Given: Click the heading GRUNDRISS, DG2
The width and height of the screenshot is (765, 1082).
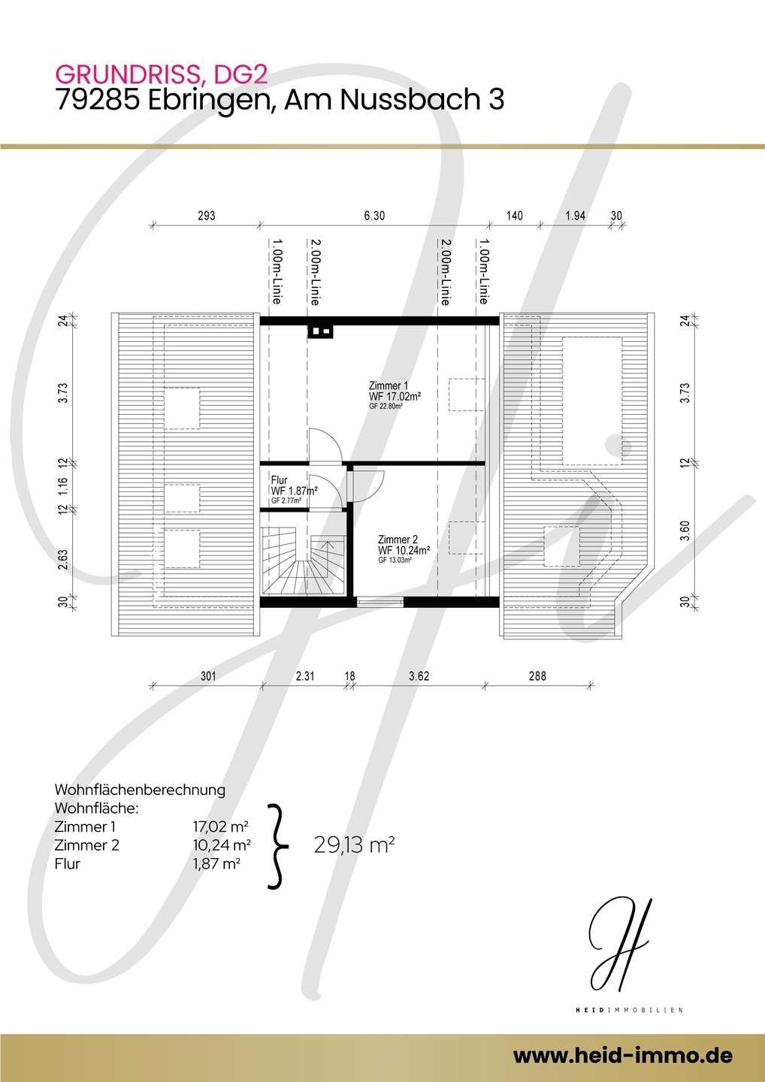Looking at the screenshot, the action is click(x=162, y=74).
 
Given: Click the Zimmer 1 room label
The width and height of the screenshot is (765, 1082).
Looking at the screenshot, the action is click(x=389, y=385).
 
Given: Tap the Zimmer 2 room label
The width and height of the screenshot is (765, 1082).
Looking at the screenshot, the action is click(x=398, y=539).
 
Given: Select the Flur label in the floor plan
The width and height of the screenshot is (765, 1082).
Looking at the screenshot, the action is click(x=279, y=479).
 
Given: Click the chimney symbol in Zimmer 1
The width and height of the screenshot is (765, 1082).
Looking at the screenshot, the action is click(x=321, y=332).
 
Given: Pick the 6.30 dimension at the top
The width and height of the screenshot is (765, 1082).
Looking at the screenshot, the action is click(x=374, y=216).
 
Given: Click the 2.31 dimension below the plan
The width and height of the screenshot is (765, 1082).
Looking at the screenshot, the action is click(x=305, y=675).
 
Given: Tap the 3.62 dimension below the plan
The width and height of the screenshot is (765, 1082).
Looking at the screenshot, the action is click(x=419, y=675).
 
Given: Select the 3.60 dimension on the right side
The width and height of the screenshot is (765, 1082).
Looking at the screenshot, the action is click(x=685, y=530).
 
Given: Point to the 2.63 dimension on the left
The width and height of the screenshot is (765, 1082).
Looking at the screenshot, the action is click(x=63, y=559).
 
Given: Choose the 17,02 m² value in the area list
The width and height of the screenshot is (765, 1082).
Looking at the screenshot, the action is click(x=222, y=827).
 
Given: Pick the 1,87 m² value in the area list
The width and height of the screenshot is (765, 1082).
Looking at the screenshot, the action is click(x=217, y=863).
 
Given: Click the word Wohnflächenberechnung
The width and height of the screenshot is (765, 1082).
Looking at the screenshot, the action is click(x=140, y=790).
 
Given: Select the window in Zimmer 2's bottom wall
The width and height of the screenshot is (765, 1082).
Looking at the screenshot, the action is click(x=380, y=602).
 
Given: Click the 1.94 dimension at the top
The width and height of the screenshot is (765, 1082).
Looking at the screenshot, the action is click(x=575, y=216).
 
